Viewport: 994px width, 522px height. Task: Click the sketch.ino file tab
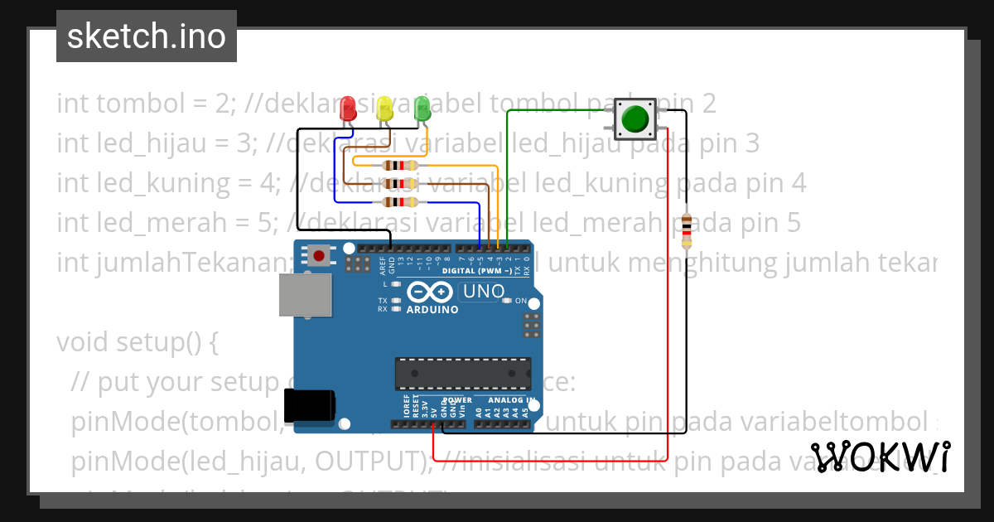(x=147, y=36)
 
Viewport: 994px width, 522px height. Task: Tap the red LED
(x=349, y=108)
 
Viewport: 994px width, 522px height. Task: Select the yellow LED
(x=384, y=109)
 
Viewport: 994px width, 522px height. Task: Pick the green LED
(x=422, y=107)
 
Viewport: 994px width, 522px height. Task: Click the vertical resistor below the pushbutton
(x=686, y=229)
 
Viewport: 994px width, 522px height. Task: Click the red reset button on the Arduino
(x=319, y=254)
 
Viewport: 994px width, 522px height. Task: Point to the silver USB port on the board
(x=304, y=295)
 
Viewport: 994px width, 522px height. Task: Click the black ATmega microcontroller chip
(x=462, y=374)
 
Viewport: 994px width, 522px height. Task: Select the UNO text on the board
(x=483, y=292)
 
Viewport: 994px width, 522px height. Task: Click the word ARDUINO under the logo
(x=432, y=310)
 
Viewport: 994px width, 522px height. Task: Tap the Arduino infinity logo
(x=428, y=292)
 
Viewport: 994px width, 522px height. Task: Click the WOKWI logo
(x=881, y=457)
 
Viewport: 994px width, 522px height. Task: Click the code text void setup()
(x=137, y=342)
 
